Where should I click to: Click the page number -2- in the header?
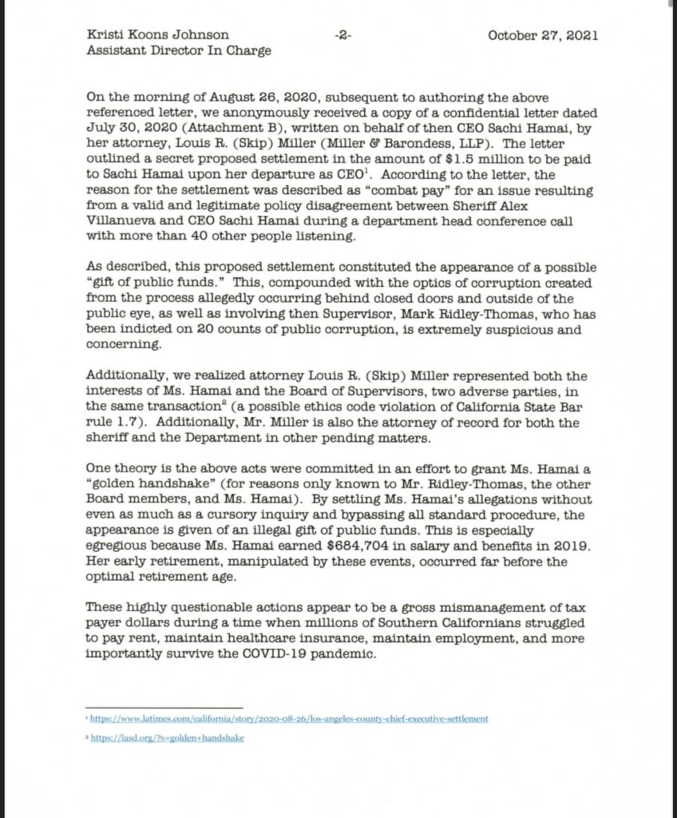(344, 36)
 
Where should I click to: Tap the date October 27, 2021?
(542, 36)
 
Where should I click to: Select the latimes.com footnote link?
(289, 719)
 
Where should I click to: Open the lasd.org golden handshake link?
(167, 738)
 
